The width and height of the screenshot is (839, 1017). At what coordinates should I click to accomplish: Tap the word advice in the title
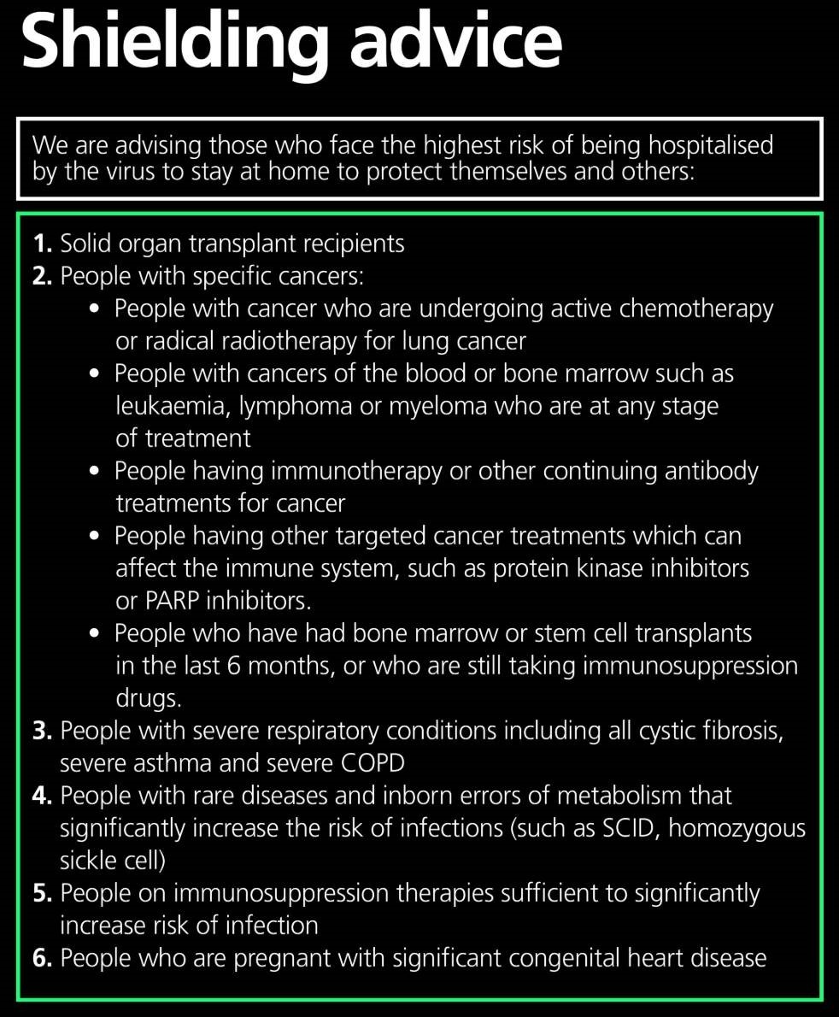(x=457, y=43)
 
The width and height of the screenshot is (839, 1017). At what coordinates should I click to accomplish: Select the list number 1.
(x=42, y=244)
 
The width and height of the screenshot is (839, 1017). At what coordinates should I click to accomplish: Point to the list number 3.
(x=42, y=731)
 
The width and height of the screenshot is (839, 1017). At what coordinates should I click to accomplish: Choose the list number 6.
(x=42, y=958)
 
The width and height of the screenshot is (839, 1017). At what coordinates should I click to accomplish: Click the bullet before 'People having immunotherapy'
(x=96, y=471)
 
